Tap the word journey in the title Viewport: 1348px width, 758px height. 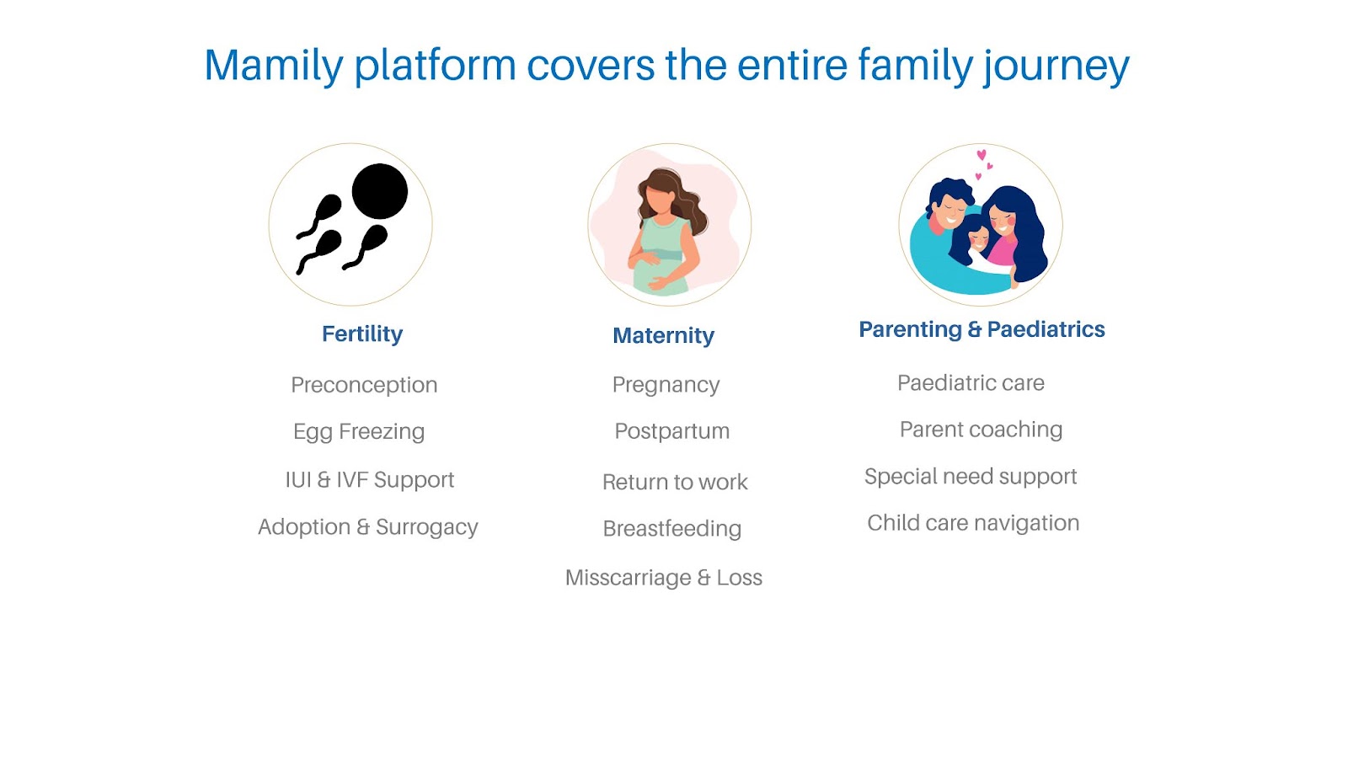point(1056,68)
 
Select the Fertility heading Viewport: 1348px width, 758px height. point(362,334)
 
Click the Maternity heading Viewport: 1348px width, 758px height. point(663,335)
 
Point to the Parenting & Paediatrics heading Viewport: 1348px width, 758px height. point(982,329)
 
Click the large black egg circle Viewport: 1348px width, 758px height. point(380,191)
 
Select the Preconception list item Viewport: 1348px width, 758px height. point(364,385)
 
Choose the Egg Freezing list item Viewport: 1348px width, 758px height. point(359,432)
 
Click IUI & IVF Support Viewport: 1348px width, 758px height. point(370,479)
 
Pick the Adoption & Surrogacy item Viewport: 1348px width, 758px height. point(367,527)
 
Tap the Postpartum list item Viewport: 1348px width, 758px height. point(671,431)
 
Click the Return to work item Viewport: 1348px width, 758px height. point(675,482)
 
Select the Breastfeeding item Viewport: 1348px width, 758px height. point(671,529)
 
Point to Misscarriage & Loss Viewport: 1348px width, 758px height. point(663,578)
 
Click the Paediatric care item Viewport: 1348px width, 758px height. point(971,383)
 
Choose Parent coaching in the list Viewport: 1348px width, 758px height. point(981,430)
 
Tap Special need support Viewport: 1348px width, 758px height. point(970,477)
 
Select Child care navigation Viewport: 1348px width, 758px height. point(973,523)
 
